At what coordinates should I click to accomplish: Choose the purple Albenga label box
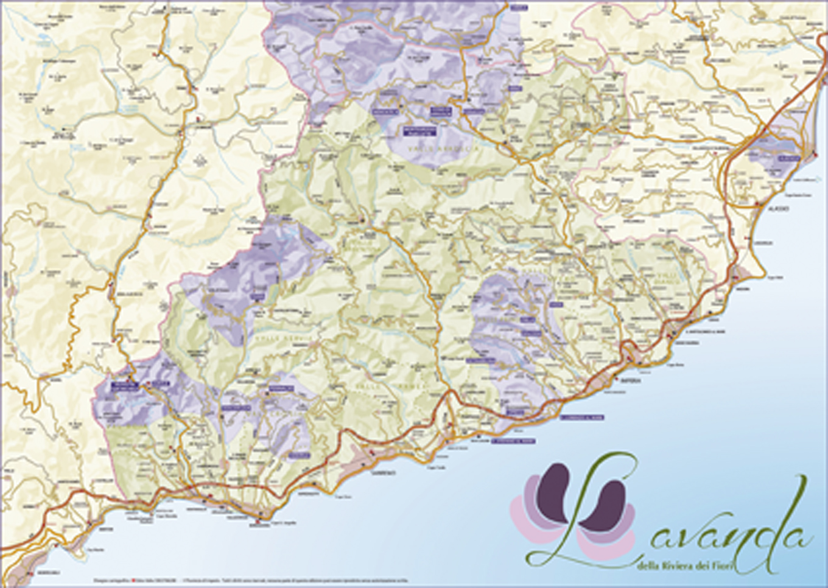789,158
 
